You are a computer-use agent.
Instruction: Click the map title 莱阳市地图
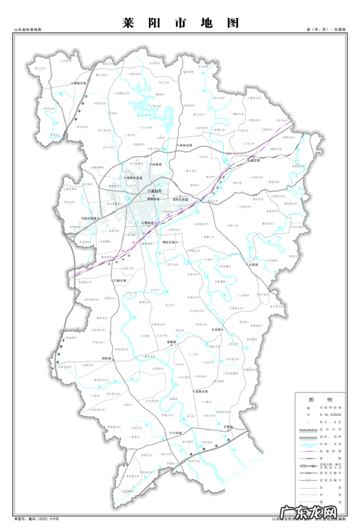(180, 23)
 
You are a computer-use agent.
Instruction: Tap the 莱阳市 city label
(157, 191)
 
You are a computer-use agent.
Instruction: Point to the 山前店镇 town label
(254, 161)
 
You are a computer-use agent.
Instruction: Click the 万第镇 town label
(251, 264)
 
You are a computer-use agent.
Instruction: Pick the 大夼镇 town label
(217, 330)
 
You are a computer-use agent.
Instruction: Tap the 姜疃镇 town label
(172, 341)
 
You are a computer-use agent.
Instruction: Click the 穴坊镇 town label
(178, 432)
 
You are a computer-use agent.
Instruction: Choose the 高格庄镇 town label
(201, 391)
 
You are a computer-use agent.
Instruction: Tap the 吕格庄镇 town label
(119, 280)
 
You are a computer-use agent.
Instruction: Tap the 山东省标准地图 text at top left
(28, 29)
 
